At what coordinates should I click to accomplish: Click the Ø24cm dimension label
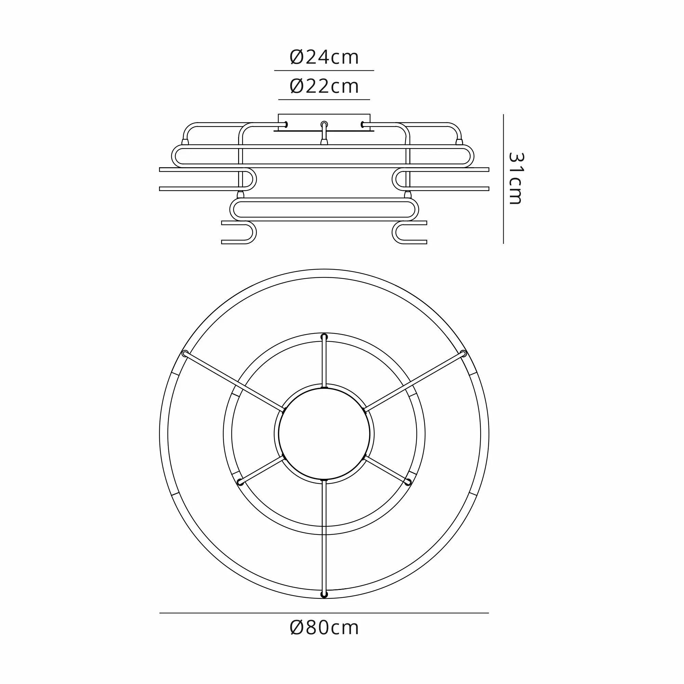324,57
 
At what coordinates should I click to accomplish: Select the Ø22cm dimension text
324,87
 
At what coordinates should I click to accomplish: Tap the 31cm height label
515,179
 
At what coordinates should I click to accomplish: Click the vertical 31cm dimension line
503,179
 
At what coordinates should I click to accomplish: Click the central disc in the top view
324,434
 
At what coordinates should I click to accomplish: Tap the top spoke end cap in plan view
324,337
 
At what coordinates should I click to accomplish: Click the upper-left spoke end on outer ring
184,353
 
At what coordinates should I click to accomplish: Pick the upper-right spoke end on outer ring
464,353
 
